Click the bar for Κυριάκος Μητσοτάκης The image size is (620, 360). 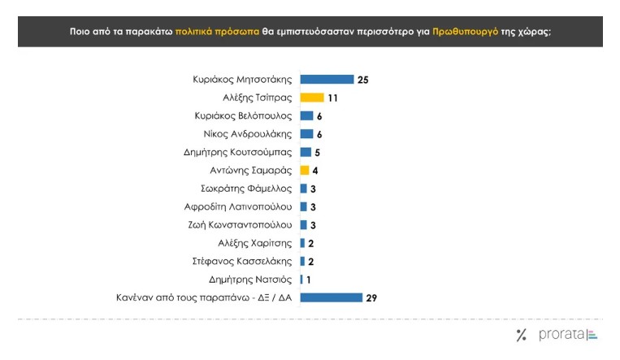point(327,80)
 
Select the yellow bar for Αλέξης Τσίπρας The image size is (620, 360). point(312,98)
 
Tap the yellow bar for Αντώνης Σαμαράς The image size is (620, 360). point(305,171)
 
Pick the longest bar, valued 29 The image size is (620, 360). point(331,297)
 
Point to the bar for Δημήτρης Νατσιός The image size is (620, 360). point(301,280)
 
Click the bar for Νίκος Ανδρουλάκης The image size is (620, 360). point(306,134)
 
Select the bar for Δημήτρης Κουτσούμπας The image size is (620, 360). point(306,152)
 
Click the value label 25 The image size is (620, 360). point(363,80)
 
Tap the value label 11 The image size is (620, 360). point(332,98)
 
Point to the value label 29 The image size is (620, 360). point(371,297)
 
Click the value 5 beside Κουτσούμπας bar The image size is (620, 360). point(319,152)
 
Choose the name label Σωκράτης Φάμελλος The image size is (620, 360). point(247,189)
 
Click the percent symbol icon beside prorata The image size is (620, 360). point(521,335)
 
